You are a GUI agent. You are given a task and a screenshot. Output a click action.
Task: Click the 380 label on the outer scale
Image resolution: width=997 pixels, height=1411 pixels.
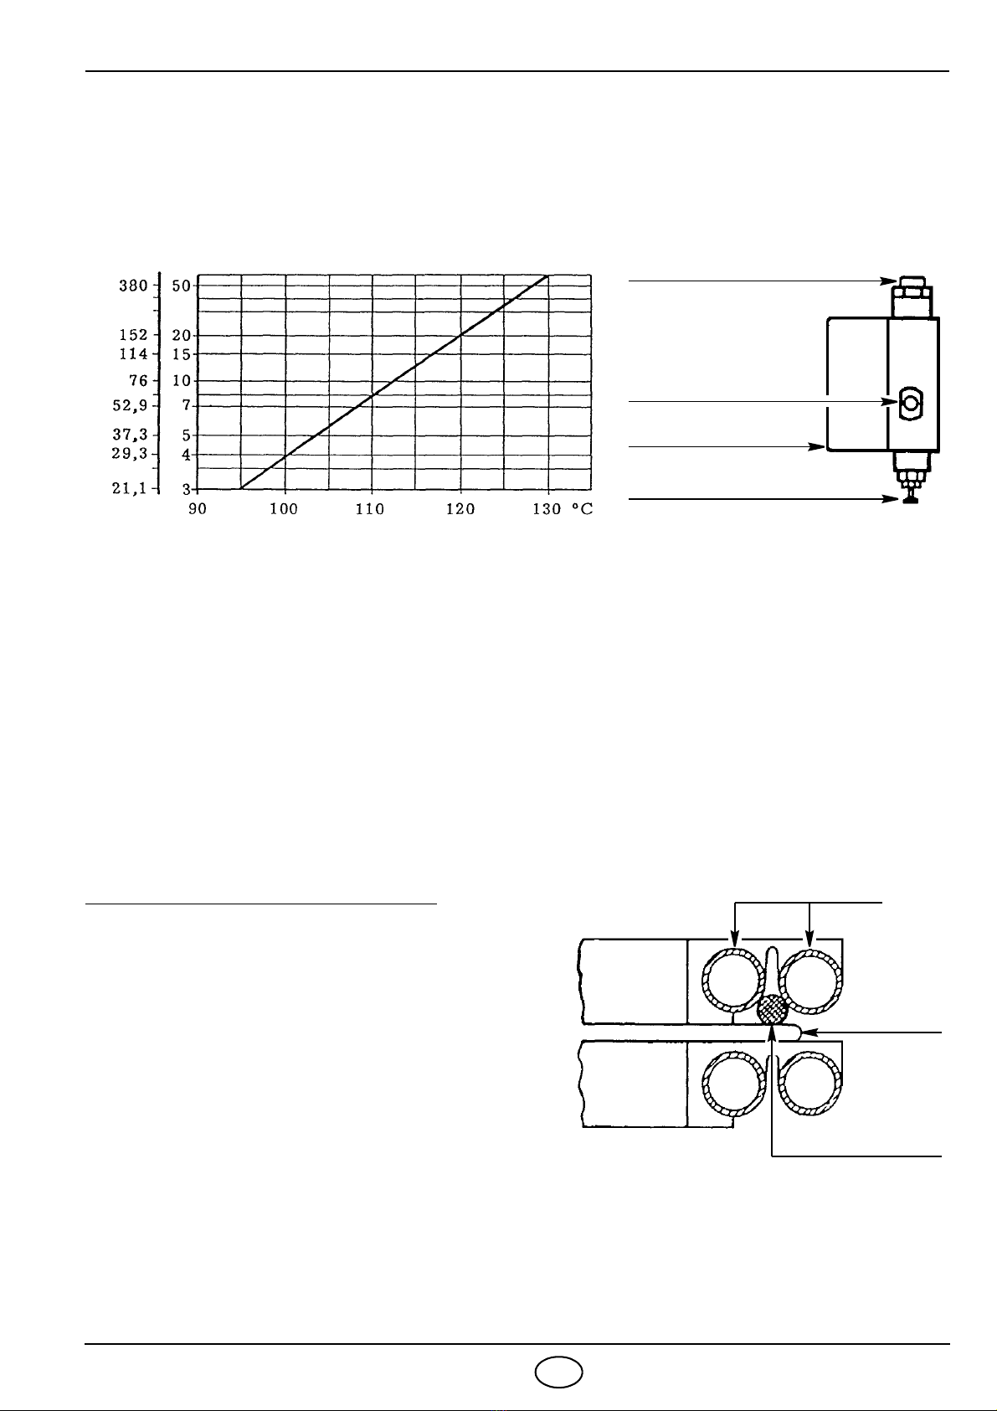point(134,286)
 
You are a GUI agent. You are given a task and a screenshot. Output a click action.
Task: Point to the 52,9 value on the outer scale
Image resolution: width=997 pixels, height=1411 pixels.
point(130,405)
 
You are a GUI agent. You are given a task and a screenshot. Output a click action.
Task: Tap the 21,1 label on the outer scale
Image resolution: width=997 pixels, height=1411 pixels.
point(129,488)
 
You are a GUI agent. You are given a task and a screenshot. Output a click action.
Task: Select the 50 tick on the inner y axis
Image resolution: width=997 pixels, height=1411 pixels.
point(182,286)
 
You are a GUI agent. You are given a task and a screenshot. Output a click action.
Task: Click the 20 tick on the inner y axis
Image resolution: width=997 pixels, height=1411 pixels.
point(182,336)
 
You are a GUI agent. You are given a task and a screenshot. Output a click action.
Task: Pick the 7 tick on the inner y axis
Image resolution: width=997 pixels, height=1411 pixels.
point(187,405)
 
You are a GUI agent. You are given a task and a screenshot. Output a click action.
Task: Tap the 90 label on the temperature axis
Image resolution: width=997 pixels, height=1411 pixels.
point(198,509)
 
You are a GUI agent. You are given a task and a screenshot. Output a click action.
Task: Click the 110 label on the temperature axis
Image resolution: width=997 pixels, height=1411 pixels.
point(370,509)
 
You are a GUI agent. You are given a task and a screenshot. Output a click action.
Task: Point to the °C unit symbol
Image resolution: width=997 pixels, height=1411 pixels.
point(583,509)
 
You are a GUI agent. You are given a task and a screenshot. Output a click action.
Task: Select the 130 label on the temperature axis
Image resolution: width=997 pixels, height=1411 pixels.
point(547,509)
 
